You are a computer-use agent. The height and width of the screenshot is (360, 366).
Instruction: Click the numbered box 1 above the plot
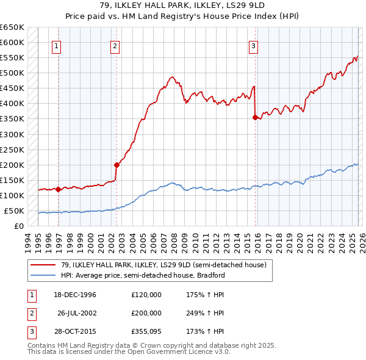pos(56,45)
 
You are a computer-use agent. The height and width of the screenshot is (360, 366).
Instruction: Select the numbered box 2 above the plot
pos(115,45)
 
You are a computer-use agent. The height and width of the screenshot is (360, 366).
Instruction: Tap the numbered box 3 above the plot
pos(253,45)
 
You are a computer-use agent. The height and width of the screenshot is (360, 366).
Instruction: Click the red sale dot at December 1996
pos(59,189)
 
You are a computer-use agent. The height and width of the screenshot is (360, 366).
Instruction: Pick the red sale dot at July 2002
pos(116,165)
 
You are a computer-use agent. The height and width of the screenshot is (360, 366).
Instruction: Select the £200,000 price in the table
pos(146,312)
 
